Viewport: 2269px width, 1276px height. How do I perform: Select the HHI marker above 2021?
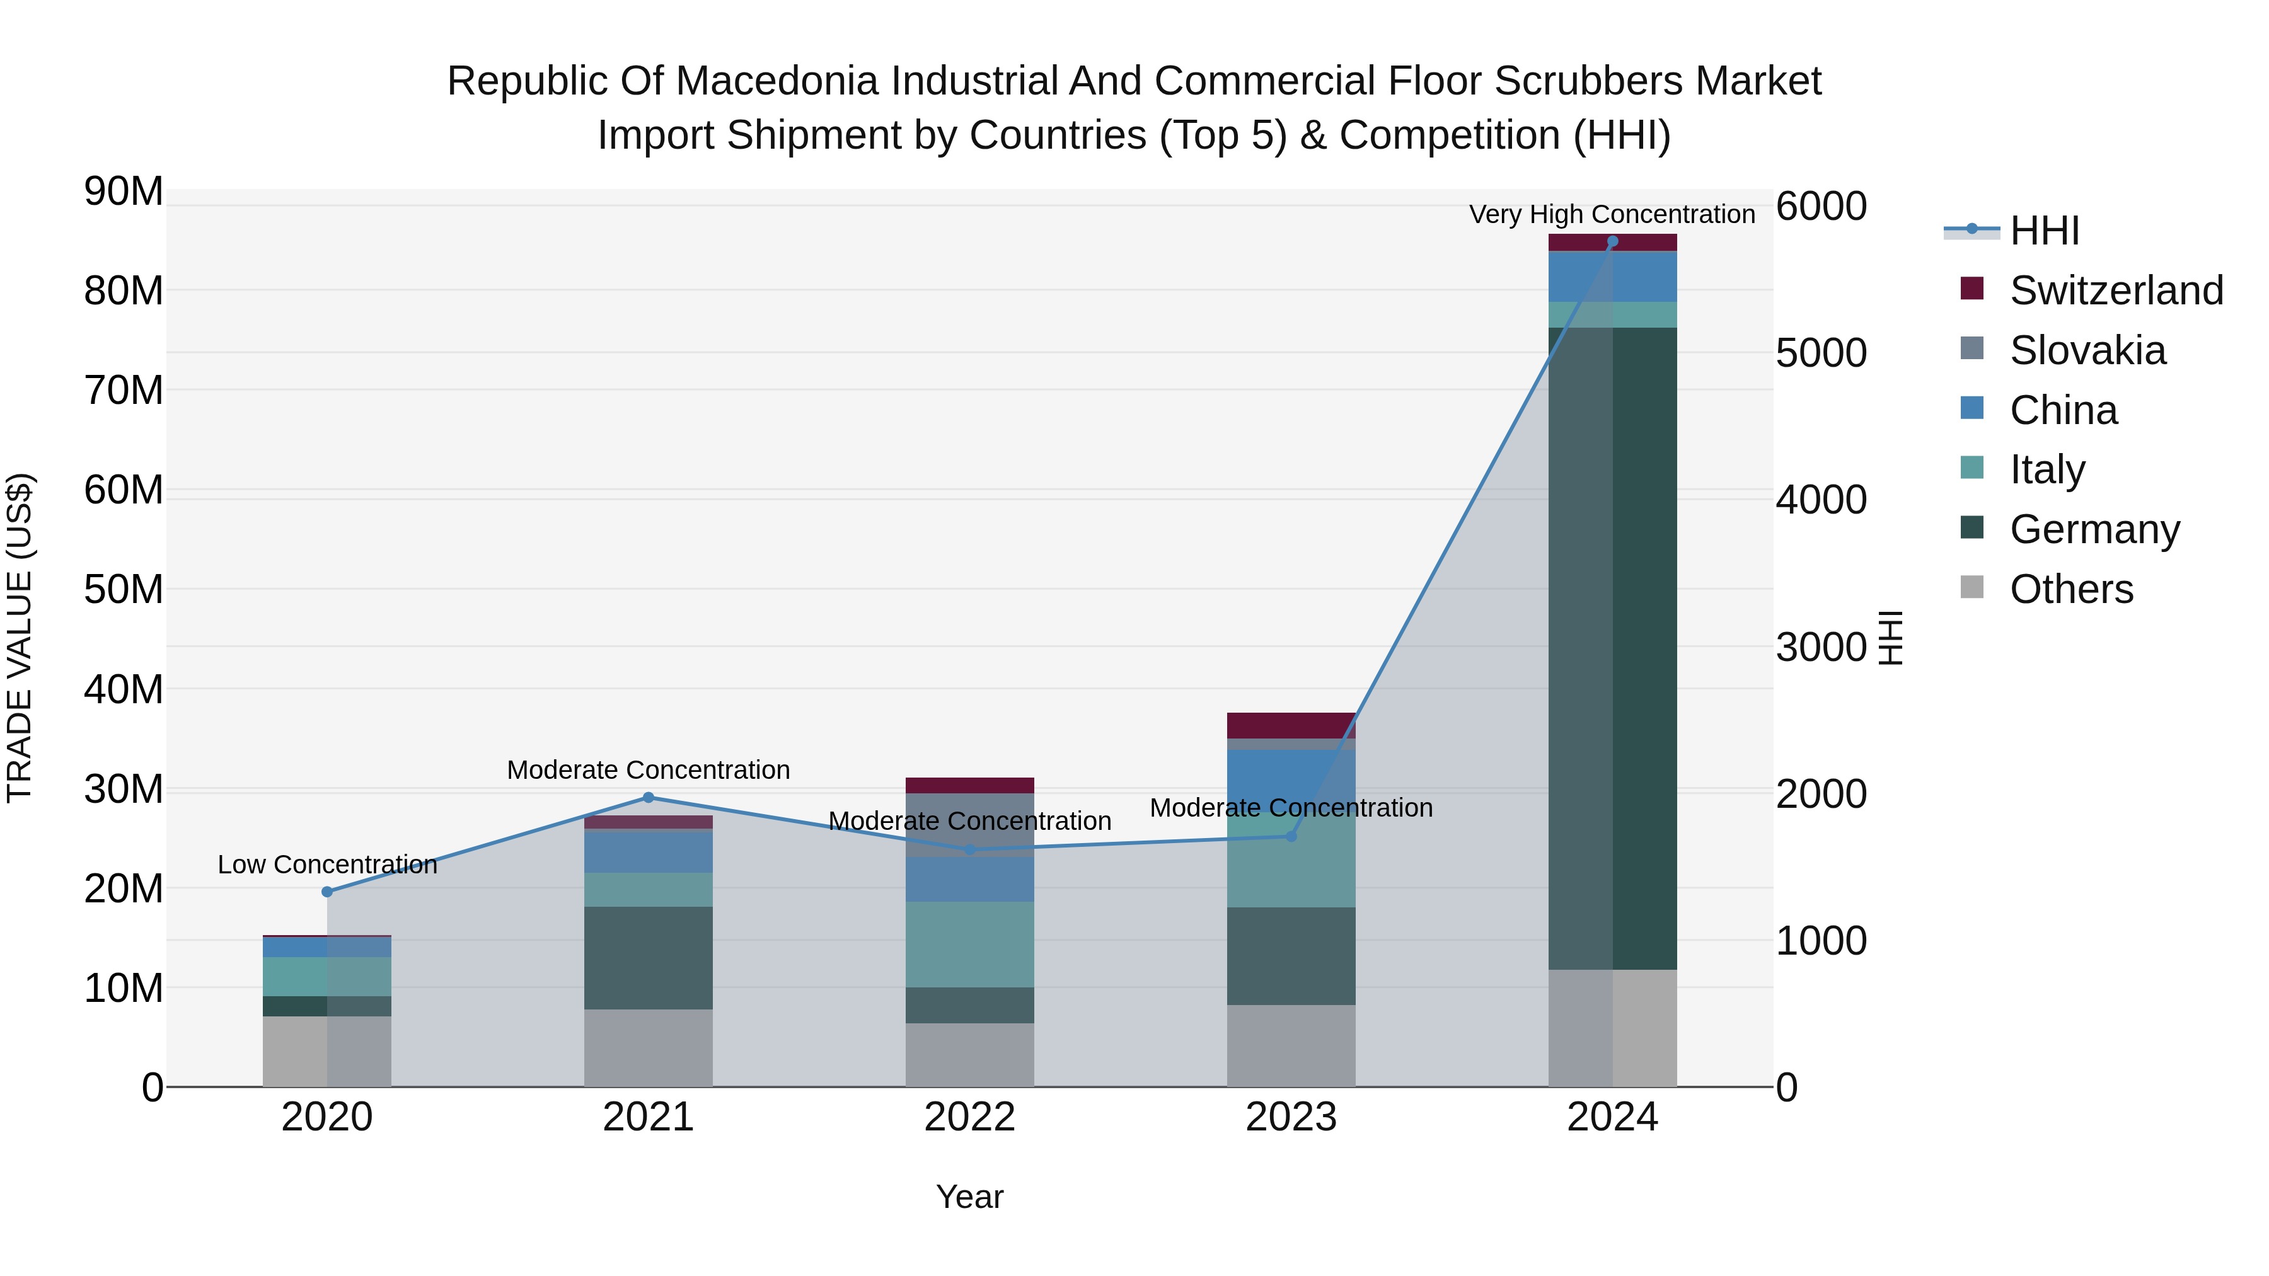coord(649,797)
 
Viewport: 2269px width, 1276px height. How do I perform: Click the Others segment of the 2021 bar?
coord(649,1047)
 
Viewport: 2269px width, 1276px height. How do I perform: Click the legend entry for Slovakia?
coord(2087,350)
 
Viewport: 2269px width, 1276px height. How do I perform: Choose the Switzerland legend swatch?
coord(1972,289)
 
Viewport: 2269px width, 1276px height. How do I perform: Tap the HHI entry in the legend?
coord(2043,231)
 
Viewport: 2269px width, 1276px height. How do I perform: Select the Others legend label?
coord(2071,589)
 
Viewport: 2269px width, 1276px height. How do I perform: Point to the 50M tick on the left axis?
coord(124,589)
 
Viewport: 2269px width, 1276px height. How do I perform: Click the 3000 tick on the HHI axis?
coord(1820,647)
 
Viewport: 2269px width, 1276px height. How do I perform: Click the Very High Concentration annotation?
coord(1611,214)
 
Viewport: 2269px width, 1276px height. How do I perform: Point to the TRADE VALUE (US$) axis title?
coord(20,638)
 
